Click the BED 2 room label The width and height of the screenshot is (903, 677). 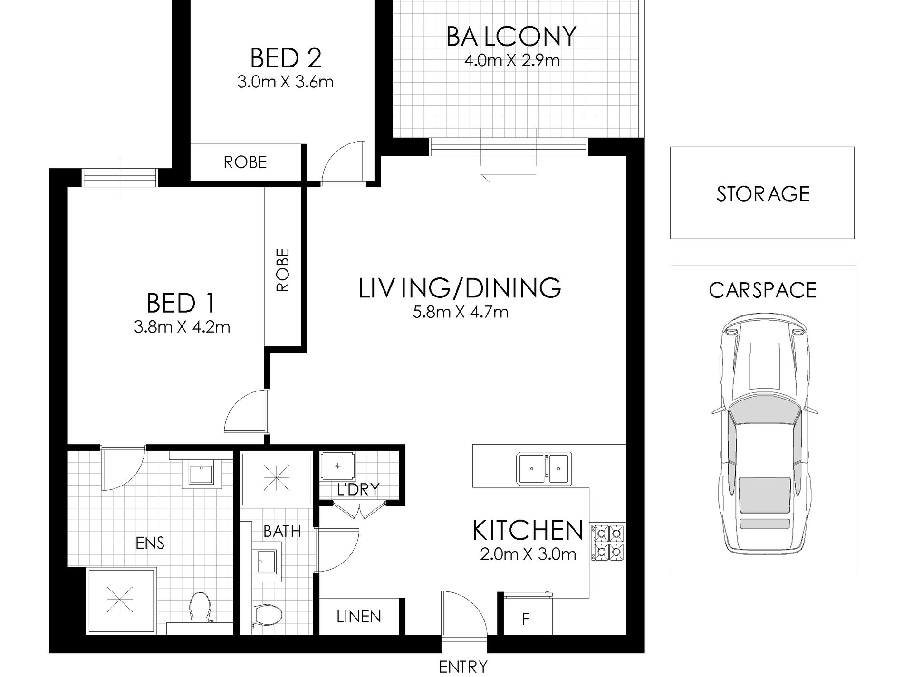(x=286, y=58)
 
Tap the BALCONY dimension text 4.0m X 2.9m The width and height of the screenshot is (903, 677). (x=511, y=61)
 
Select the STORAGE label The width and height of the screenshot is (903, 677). (x=763, y=194)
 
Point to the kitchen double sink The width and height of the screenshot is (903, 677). (x=544, y=468)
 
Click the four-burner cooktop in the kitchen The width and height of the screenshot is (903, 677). (x=608, y=542)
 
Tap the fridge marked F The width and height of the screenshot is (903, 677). (x=526, y=620)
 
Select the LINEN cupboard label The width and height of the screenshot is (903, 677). (x=359, y=617)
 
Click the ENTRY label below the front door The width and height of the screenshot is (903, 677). (x=463, y=667)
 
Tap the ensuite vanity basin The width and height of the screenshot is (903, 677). (x=202, y=474)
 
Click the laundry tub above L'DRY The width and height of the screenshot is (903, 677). (x=337, y=466)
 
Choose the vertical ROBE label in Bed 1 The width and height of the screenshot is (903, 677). (x=282, y=270)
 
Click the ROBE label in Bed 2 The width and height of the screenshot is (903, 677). (x=245, y=162)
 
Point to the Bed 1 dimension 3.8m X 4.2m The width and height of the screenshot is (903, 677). (x=182, y=327)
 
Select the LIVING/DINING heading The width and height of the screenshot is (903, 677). (x=460, y=288)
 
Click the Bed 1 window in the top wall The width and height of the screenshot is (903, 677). (x=120, y=178)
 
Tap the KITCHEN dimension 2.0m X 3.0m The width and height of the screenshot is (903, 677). (x=528, y=554)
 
